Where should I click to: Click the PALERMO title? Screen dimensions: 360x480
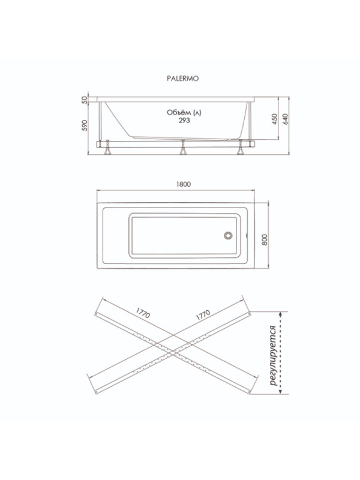pos(182,79)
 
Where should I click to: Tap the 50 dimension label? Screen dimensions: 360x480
pos(85,100)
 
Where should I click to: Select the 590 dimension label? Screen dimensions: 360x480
pos(85,125)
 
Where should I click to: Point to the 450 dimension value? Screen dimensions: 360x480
pos(275,119)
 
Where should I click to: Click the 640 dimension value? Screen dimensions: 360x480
pos(285,119)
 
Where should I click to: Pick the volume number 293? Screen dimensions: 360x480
pos(184,121)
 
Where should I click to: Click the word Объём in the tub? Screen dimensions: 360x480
pos(175,112)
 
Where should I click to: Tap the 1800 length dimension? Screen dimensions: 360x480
pos(184,184)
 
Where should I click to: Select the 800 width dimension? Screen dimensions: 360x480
pos(265,239)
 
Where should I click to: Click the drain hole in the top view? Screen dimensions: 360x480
pos(228,235)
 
